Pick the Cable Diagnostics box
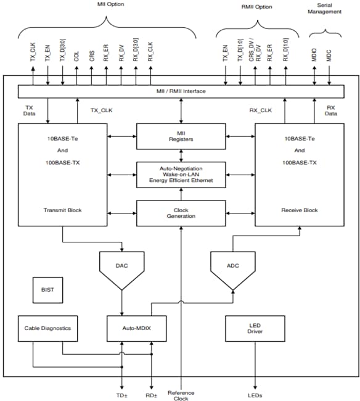coord(47,328)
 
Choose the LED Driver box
coord(254,328)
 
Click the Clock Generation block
coord(181,212)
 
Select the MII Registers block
coord(181,136)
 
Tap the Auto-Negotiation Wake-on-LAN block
coord(181,174)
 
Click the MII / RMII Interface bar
coord(181,91)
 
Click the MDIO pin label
coord(315,54)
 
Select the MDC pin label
coord(330,55)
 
